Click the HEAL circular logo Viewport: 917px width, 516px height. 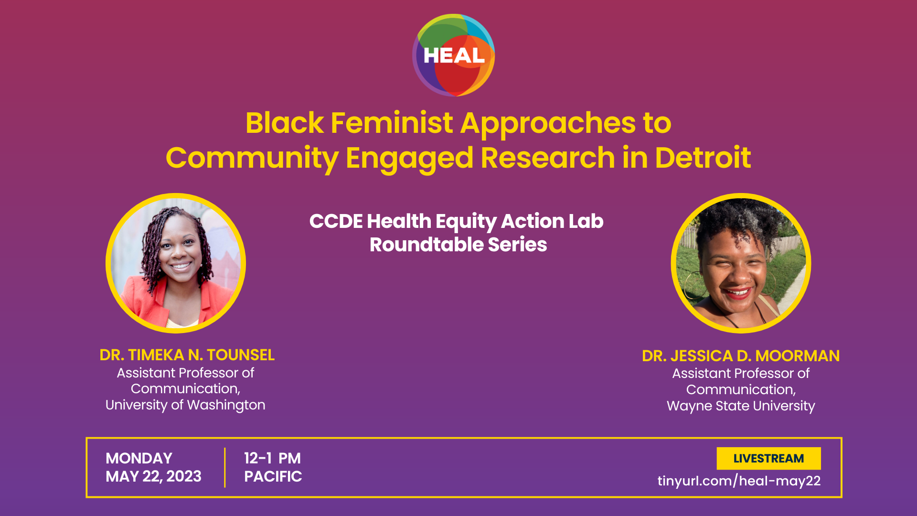pyautogui.click(x=453, y=55)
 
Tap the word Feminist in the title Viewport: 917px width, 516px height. pyautogui.click(x=392, y=123)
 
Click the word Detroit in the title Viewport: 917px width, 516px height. pyautogui.click(x=703, y=158)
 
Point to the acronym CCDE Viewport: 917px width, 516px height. pyautogui.click(x=336, y=221)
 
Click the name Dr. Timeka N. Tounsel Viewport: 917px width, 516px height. pyautogui.click(x=187, y=355)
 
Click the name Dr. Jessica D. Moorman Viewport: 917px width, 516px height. pyautogui.click(x=741, y=356)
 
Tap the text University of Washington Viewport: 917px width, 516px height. pyautogui.click(x=185, y=405)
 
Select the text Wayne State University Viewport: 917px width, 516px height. pyautogui.click(x=741, y=406)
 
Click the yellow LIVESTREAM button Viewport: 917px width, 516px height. pyautogui.click(x=768, y=459)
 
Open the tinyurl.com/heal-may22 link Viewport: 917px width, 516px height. pyautogui.click(x=739, y=481)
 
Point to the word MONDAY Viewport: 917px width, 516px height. pyautogui.click(x=139, y=459)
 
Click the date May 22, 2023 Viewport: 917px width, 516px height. pyautogui.click(x=153, y=477)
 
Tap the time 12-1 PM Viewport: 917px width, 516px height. pyautogui.click(x=272, y=459)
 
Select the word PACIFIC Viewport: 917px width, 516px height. pyautogui.click(x=273, y=477)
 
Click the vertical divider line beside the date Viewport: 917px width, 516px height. pyautogui.click(x=224, y=468)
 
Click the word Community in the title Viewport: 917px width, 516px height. pyautogui.click(x=252, y=158)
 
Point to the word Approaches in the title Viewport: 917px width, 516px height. pyautogui.click(x=548, y=123)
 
